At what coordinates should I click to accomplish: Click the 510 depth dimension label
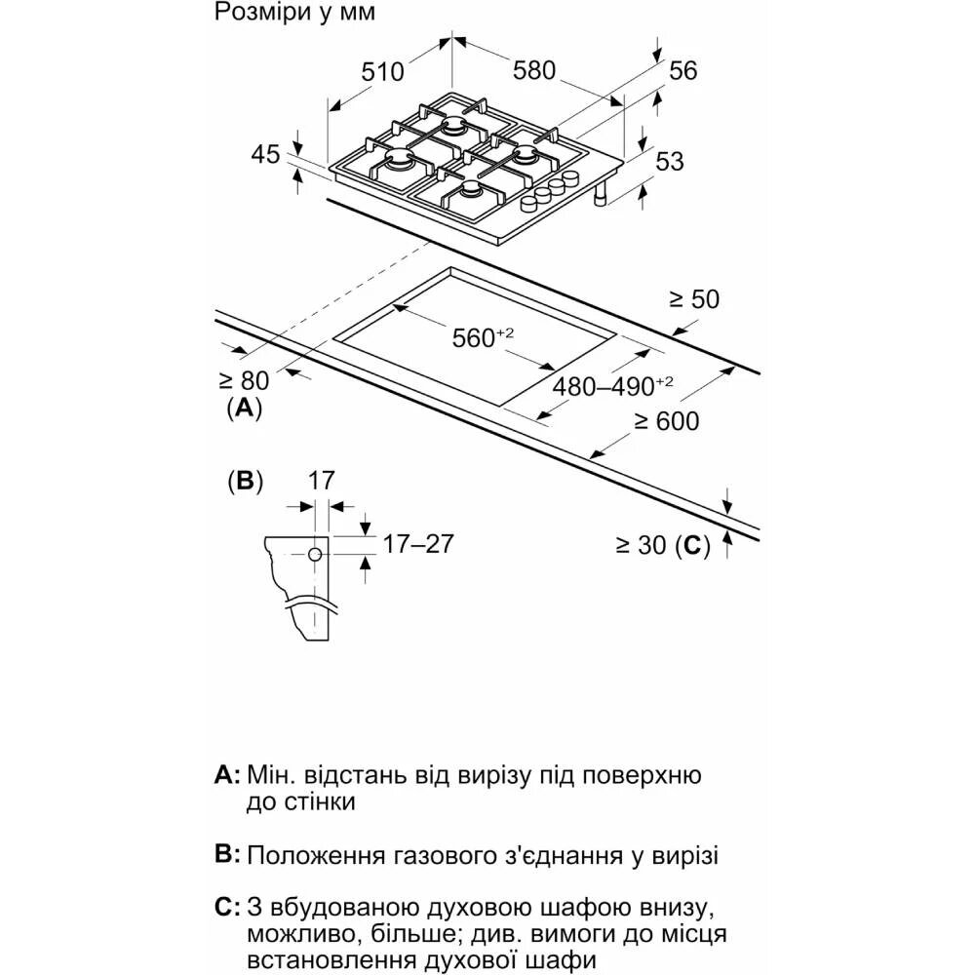pyautogui.click(x=381, y=72)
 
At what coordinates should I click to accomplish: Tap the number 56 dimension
pyautogui.click(x=683, y=70)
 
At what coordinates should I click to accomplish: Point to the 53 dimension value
pyautogui.click(x=670, y=162)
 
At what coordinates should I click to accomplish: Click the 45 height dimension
pyautogui.click(x=265, y=154)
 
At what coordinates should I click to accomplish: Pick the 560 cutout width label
pyautogui.click(x=482, y=338)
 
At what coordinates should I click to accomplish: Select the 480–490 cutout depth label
pyautogui.click(x=613, y=386)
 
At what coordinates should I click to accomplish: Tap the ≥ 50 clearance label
pyautogui.click(x=693, y=299)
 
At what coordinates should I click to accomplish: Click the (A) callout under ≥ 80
pyautogui.click(x=243, y=408)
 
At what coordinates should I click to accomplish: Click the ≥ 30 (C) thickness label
pyautogui.click(x=662, y=547)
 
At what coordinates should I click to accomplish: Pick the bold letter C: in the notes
pyautogui.click(x=226, y=909)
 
